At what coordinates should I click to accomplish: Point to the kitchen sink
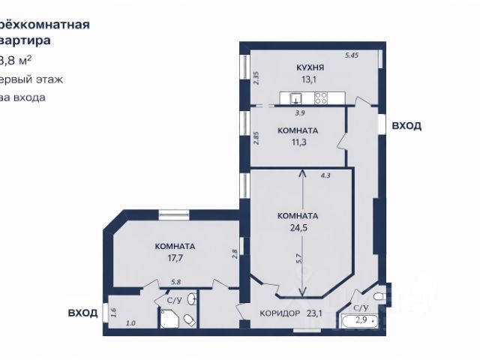[297, 97]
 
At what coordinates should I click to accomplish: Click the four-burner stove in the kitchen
[321, 97]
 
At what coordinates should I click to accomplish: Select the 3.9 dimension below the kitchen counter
[300, 113]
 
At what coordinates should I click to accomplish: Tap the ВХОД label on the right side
[406, 126]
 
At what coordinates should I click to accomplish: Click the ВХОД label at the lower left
[82, 313]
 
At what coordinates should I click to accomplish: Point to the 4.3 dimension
[325, 175]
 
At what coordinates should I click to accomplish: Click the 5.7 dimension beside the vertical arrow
[298, 259]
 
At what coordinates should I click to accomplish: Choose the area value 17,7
[175, 258]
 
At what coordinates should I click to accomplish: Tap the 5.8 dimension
[175, 282]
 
